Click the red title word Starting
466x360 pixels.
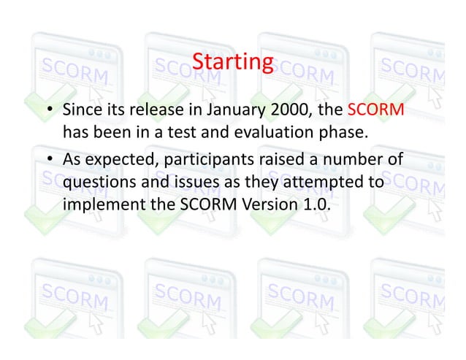pos(232,63)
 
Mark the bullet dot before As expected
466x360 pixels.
pos(48,160)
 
